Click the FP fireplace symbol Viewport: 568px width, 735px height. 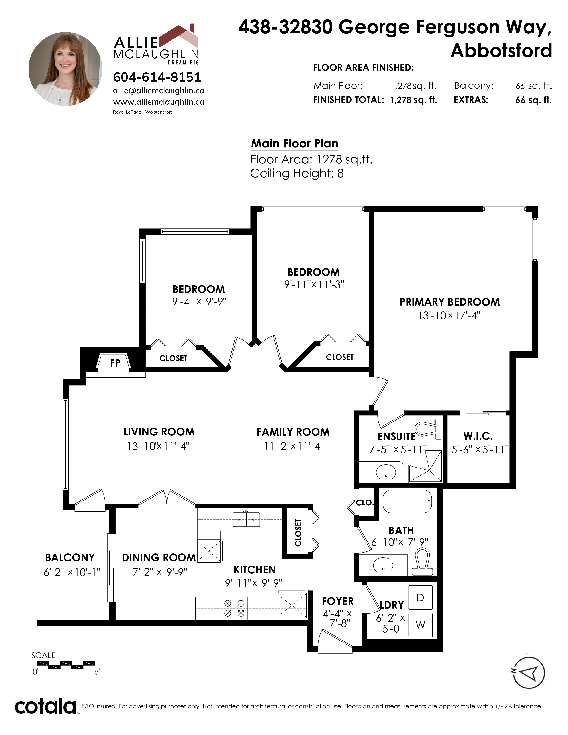[x=114, y=362]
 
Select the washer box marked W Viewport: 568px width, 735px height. [x=420, y=625]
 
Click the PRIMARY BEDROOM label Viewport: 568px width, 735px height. [x=449, y=302]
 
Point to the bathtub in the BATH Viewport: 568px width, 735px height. [x=407, y=501]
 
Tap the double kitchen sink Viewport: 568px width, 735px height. [x=246, y=519]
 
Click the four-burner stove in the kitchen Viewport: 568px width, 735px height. [x=234, y=608]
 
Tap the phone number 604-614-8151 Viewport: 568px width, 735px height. [x=157, y=77]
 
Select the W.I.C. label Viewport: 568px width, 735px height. [x=478, y=436]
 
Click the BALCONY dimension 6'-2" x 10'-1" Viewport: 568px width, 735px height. [x=72, y=572]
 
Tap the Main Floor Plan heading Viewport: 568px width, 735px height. [x=294, y=143]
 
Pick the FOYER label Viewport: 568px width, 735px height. [x=337, y=601]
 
